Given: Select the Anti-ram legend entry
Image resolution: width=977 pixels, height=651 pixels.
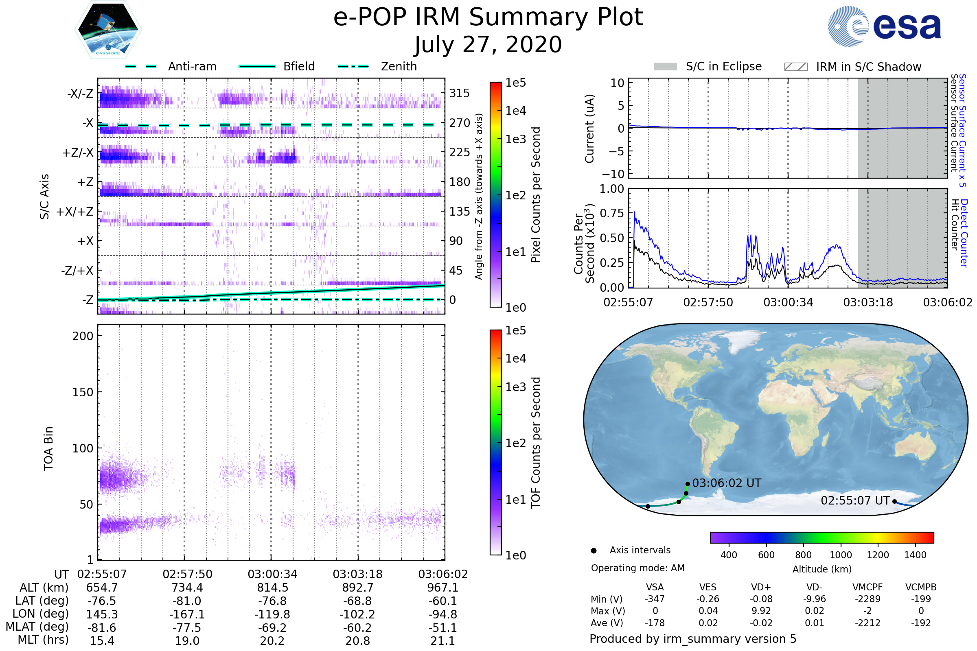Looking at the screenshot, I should (x=192, y=66).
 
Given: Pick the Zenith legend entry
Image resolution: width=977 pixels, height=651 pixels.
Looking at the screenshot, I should (x=399, y=66).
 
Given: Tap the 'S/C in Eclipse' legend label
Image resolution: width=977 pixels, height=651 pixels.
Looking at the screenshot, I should (x=723, y=66).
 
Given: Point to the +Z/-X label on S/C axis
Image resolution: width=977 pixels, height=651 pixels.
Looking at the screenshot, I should (x=78, y=153).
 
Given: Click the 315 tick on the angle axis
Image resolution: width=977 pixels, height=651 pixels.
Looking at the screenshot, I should (x=459, y=93).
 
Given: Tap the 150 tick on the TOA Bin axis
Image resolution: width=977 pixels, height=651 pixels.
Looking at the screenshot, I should (x=83, y=392).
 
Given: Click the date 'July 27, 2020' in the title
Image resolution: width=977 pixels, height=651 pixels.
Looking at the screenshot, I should (x=488, y=44).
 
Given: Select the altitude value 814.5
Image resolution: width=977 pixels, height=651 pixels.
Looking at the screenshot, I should (x=272, y=588).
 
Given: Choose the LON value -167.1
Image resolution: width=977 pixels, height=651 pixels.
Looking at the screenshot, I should (x=187, y=614).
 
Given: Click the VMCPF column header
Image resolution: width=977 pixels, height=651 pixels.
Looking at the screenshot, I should (x=867, y=588).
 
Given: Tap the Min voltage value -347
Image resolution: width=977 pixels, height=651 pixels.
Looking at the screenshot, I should (x=655, y=599).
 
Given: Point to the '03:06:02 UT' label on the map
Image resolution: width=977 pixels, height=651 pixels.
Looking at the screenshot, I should (x=727, y=483).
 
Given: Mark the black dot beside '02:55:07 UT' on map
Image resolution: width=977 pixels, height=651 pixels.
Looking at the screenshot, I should (x=894, y=502).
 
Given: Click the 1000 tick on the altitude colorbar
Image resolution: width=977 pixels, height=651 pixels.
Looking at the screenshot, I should (x=840, y=555).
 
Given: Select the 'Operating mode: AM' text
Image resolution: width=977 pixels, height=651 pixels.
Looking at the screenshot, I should (x=637, y=568).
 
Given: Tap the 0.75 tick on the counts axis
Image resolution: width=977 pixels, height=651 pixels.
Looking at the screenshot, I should (x=612, y=213).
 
